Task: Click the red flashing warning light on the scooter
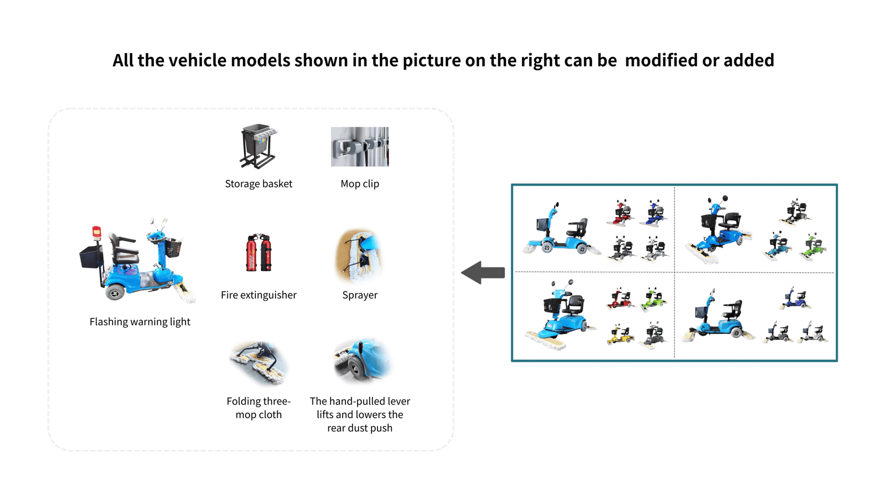coord(97,231)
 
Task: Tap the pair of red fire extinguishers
coord(258,253)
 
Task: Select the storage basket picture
coord(258,146)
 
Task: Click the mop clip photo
coord(360,147)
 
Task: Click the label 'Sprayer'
coord(360,295)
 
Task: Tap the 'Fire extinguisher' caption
coord(258,295)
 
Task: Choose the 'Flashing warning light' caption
coord(140,322)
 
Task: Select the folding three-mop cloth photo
coord(258,363)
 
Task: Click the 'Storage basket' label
coord(258,184)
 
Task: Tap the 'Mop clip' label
coord(360,184)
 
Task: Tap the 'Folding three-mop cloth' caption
coord(258,408)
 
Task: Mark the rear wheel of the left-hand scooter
coord(115,293)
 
